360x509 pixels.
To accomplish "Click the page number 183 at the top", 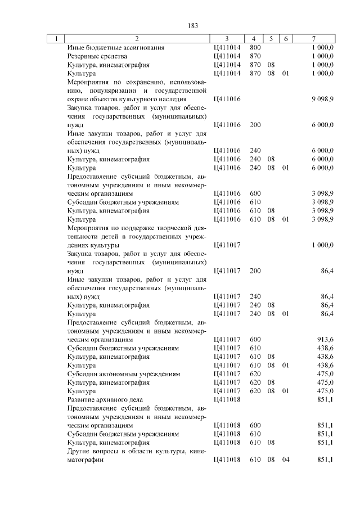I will coord(192,25).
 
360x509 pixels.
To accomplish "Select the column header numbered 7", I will coord(313,39).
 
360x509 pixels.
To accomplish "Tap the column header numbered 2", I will coord(136,39).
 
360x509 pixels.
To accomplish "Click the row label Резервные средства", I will coord(97,56).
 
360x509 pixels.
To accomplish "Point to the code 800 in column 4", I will coord(255,48).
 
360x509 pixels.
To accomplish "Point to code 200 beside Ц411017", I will coord(255,271).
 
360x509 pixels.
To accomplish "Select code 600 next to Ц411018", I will coord(255,426).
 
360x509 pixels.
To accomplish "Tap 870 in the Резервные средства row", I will coord(255,56).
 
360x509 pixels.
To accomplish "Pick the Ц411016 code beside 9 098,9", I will coord(227,99).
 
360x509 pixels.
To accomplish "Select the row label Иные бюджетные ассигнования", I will coord(116,48).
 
